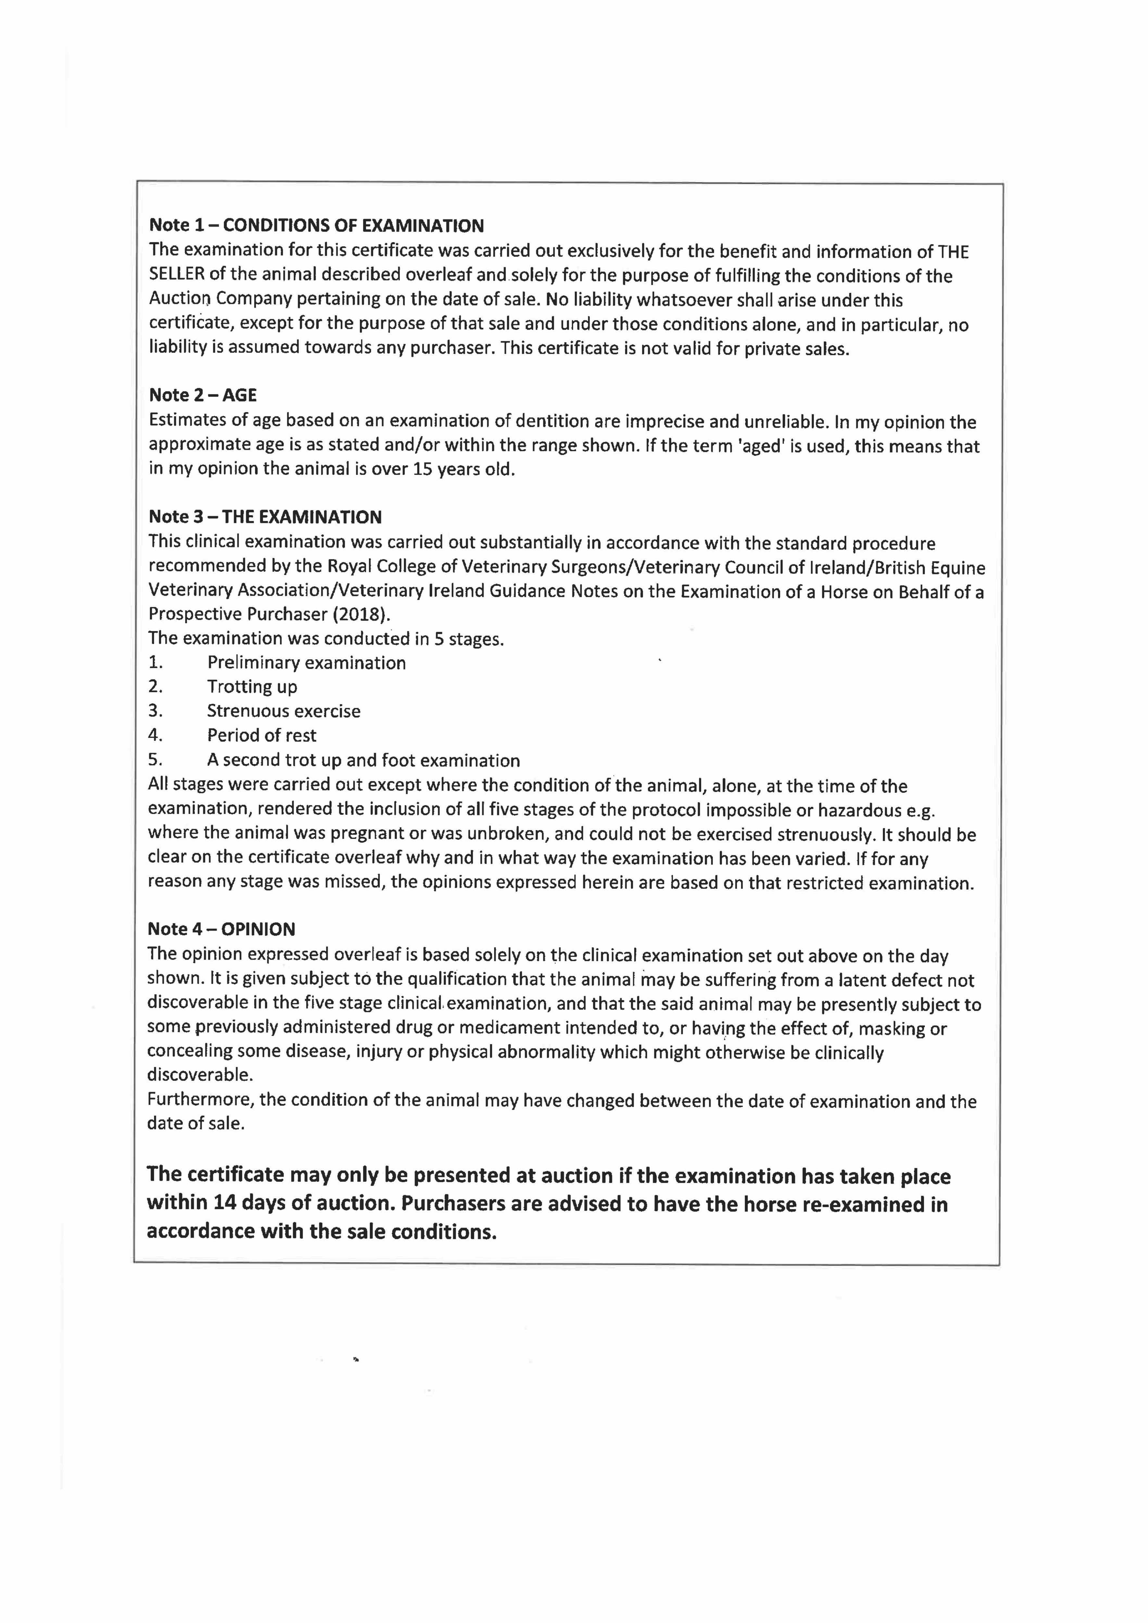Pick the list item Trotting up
point(252,687)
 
